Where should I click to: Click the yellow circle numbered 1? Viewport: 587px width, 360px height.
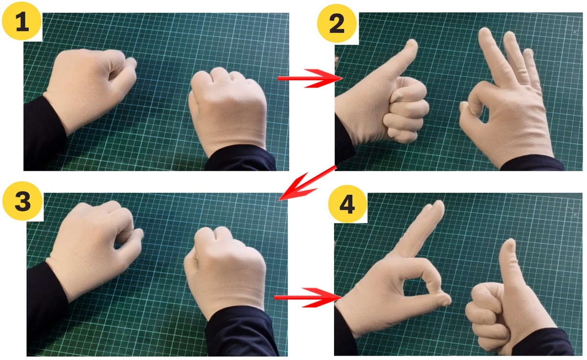pyautogui.click(x=22, y=21)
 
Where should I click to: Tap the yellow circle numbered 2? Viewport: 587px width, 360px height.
pyautogui.click(x=337, y=23)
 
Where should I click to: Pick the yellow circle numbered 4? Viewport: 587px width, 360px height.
pyautogui.click(x=347, y=204)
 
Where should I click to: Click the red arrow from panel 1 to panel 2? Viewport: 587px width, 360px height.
pyautogui.click(x=310, y=78)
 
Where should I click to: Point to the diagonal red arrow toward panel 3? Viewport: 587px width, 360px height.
pyautogui.click(x=307, y=183)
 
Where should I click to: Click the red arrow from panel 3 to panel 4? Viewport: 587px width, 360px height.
pyautogui.click(x=308, y=297)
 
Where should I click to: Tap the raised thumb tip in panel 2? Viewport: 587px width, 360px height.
pyautogui.click(x=411, y=45)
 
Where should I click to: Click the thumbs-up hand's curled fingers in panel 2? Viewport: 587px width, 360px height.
pyautogui.click(x=406, y=110)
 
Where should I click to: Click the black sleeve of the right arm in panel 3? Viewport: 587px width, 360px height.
pyautogui.click(x=241, y=333)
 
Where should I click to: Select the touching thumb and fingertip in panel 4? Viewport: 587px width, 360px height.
pyautogui.click(x=442, y=299)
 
